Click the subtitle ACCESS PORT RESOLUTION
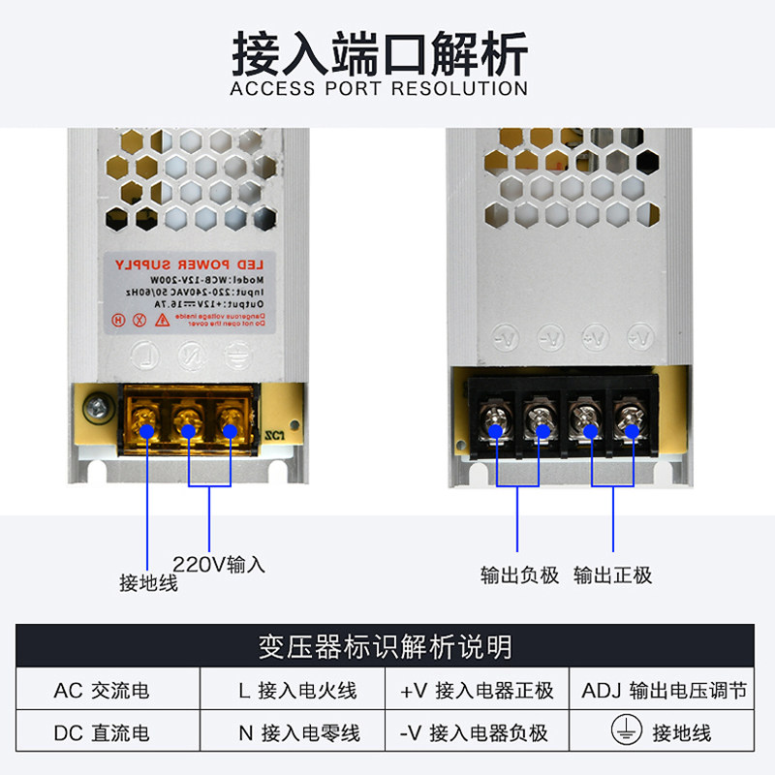(379, 89)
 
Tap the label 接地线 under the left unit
(148, 582)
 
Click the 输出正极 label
(613, 574)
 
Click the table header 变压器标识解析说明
(386, 646)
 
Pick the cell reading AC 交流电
(102, 691)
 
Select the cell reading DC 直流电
(102, 732)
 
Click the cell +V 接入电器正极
(477, 691)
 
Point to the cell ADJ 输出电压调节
(665, 691)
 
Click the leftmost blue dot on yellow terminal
(146, 432)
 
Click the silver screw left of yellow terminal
(94, 411)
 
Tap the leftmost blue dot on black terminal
(497, 431)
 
